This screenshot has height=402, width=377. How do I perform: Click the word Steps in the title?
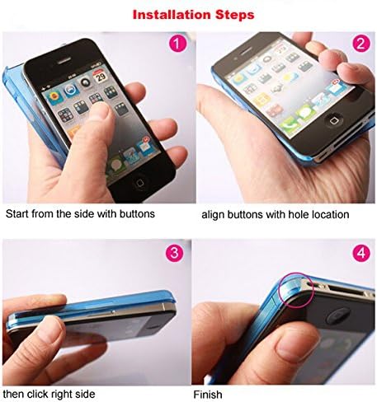(235, 15)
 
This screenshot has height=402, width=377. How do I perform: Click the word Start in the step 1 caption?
(18, 214)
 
